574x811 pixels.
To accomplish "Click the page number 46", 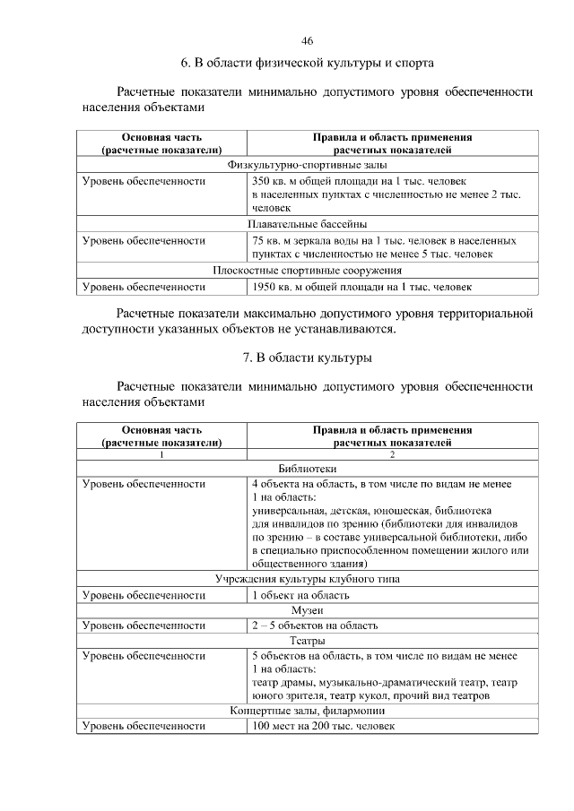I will [307, 41].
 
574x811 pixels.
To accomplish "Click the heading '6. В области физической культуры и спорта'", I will [307, 64].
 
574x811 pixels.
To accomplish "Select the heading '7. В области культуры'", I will [307, 358].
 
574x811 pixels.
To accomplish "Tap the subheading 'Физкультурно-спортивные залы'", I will [307, 165].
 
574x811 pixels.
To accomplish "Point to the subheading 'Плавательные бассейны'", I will [307, 224].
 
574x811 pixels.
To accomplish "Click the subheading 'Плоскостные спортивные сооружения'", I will [307, 271].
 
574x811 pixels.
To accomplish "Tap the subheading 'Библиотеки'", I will [307, 468].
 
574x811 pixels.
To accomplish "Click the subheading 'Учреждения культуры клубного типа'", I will [307, 579].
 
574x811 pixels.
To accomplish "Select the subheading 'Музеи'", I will [307, 609].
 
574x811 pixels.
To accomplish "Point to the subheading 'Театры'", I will [307, 641].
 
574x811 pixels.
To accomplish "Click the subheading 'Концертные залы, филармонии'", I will [307, 711].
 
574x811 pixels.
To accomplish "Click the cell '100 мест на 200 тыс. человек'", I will [322, 726].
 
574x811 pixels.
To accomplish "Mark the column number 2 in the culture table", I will [392, 453].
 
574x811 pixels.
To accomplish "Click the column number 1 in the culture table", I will [161, 453].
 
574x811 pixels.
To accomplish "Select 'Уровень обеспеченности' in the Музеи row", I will [143, 626].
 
